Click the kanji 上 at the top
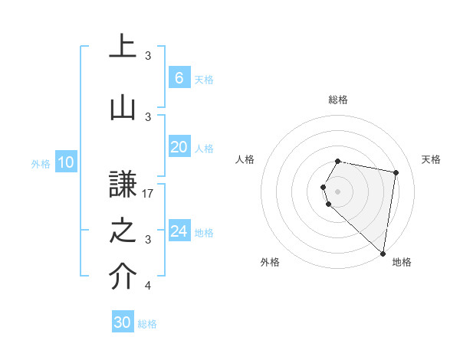123,45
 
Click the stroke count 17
149,194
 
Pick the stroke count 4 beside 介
148,286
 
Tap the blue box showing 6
179,78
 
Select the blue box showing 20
179,147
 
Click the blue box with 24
179,231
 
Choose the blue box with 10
65,162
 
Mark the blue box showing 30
123,322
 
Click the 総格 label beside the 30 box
147,324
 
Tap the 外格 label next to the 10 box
40,163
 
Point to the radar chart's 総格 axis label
338,100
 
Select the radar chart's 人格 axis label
245,159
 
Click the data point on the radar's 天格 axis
396,173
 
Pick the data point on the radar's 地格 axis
383,253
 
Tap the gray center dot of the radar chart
338,190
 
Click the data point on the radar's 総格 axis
338,161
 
